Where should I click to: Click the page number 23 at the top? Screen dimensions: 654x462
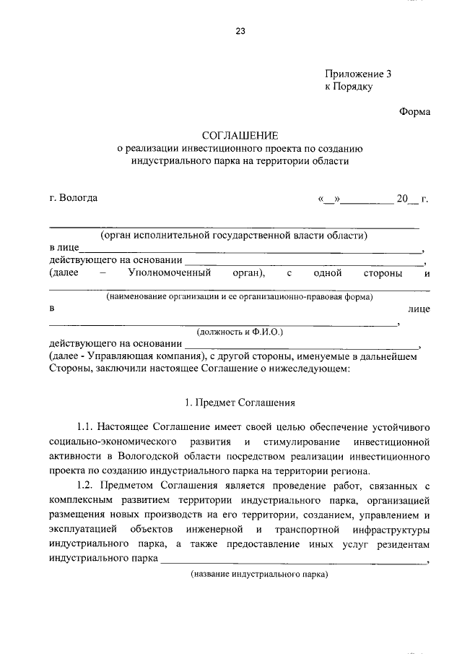pos(240,31)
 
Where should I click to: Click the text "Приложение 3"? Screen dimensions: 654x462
pos(357,74)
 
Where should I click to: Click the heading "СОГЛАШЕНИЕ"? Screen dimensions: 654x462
pos(239,135)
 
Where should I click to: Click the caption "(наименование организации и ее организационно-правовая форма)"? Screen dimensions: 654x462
pos(239,296)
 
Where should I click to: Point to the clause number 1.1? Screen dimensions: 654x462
pos(85,427)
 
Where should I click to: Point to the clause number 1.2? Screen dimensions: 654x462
pos(85,483)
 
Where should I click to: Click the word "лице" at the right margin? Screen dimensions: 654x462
pos(419,309)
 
